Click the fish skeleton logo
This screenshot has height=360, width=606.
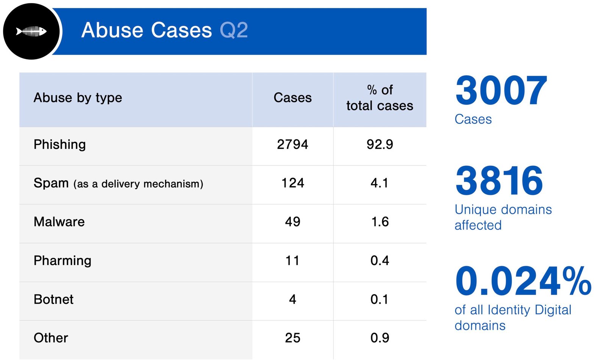tap(31, 31)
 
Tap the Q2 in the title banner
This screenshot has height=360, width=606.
tap(234, 30)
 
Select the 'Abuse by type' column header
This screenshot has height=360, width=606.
tap(78, 98)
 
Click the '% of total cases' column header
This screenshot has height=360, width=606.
tap(380, 98)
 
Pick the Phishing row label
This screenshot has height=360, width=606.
tap(59, 145)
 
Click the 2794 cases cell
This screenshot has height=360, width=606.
tap(292, 145)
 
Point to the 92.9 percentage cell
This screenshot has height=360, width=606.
tap(380, 145)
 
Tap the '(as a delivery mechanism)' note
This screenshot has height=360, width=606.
tap(138, 184)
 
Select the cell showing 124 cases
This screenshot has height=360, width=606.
tap(292, 183)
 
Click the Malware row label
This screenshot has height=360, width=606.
tap(59, 222)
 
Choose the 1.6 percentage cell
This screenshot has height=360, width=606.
tap(380, 222)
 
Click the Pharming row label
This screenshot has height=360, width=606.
tap(62, 261)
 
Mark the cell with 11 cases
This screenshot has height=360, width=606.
tap(292, 261)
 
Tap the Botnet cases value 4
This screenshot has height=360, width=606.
tap(292, 299)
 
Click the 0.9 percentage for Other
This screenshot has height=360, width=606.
tap(380, 338)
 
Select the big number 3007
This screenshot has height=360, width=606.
tap(501, 91)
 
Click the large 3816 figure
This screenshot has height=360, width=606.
tap(499, 181)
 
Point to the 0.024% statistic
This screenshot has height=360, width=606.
tap(523, 281)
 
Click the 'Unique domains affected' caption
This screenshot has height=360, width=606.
tap(503, 217)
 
